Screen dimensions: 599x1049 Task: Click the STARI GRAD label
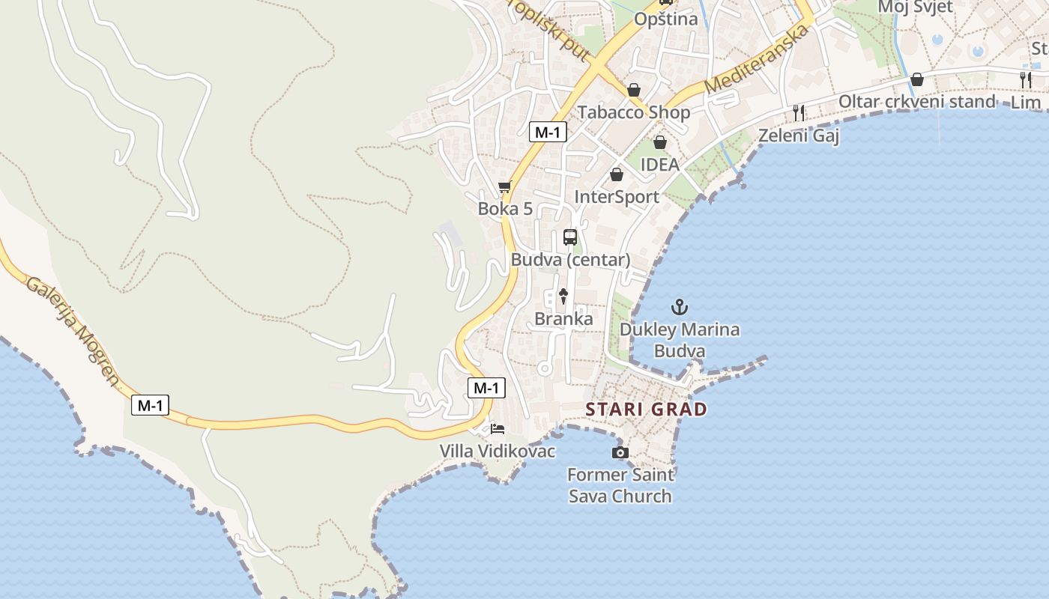pyautogui.click(x=646, y=410)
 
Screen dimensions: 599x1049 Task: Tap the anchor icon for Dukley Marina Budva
pyautogui.click(x=679, y=306)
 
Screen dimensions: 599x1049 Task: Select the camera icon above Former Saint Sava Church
pyautogui.click(x=620, y=452)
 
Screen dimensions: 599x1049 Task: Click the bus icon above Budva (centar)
pyautogui.click(x=570, y=237)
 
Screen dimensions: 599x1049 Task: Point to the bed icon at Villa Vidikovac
pyautogui.click(x=498, y=429)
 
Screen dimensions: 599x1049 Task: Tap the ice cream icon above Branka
pyautogui.click(x=563, y=296)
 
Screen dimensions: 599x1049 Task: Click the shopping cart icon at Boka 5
pyautogui.click(x=505, y=186)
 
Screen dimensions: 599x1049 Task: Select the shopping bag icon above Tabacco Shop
pyautogui.click(x=634, y=90)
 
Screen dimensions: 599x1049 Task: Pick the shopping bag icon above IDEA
pyautogui.click(x=660, y=142)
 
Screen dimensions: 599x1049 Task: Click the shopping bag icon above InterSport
pyautogui.click(x=617, y=174)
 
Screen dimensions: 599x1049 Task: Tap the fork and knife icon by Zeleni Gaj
pyautogui.click(x=799, y=113)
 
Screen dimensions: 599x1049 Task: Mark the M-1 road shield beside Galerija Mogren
pyautogui.click(x=150, y=406)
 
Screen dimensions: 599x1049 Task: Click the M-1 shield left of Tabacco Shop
pyautogui.click(x=548, y=133)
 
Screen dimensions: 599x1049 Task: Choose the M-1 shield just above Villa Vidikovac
pyautogui.click(x=486, y=388)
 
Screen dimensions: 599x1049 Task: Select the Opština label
pyautogui.click(x=665, y=19)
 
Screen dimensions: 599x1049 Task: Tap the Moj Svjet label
pyautogui.click(x=915, y=7)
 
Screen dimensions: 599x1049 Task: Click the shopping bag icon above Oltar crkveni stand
pyautogui.click(x=917, y=79)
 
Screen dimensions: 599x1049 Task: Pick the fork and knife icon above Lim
pyautogui.click(x=1026, y=79)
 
